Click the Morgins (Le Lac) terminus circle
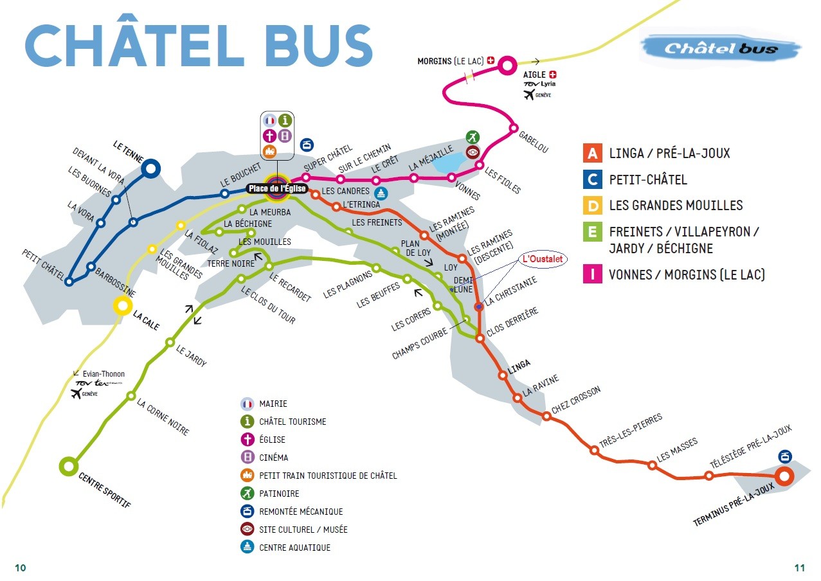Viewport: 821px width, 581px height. [507, 65]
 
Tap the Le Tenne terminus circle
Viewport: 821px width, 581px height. [151, 169]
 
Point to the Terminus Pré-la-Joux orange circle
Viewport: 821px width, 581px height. [784, 477]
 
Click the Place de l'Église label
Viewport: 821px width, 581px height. [277, 189]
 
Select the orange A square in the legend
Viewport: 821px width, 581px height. [591, 153]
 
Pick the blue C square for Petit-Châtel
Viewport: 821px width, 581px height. [591, 179]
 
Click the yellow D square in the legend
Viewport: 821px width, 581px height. [591, 205]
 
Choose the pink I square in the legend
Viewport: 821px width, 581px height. [591, 274]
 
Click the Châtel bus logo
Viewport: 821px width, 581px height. [720, 48]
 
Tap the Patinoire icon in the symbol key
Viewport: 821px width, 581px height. [248, 494]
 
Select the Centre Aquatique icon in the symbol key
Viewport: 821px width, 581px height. [248, 548]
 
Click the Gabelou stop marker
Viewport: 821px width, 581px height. [514, 128]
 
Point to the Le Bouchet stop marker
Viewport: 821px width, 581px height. [225, 193]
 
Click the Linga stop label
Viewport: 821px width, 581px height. [519, 364]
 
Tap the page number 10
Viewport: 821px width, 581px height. [21, 568]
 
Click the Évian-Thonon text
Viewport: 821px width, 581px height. [102, 374]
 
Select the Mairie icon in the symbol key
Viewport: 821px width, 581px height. [248, 404]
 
